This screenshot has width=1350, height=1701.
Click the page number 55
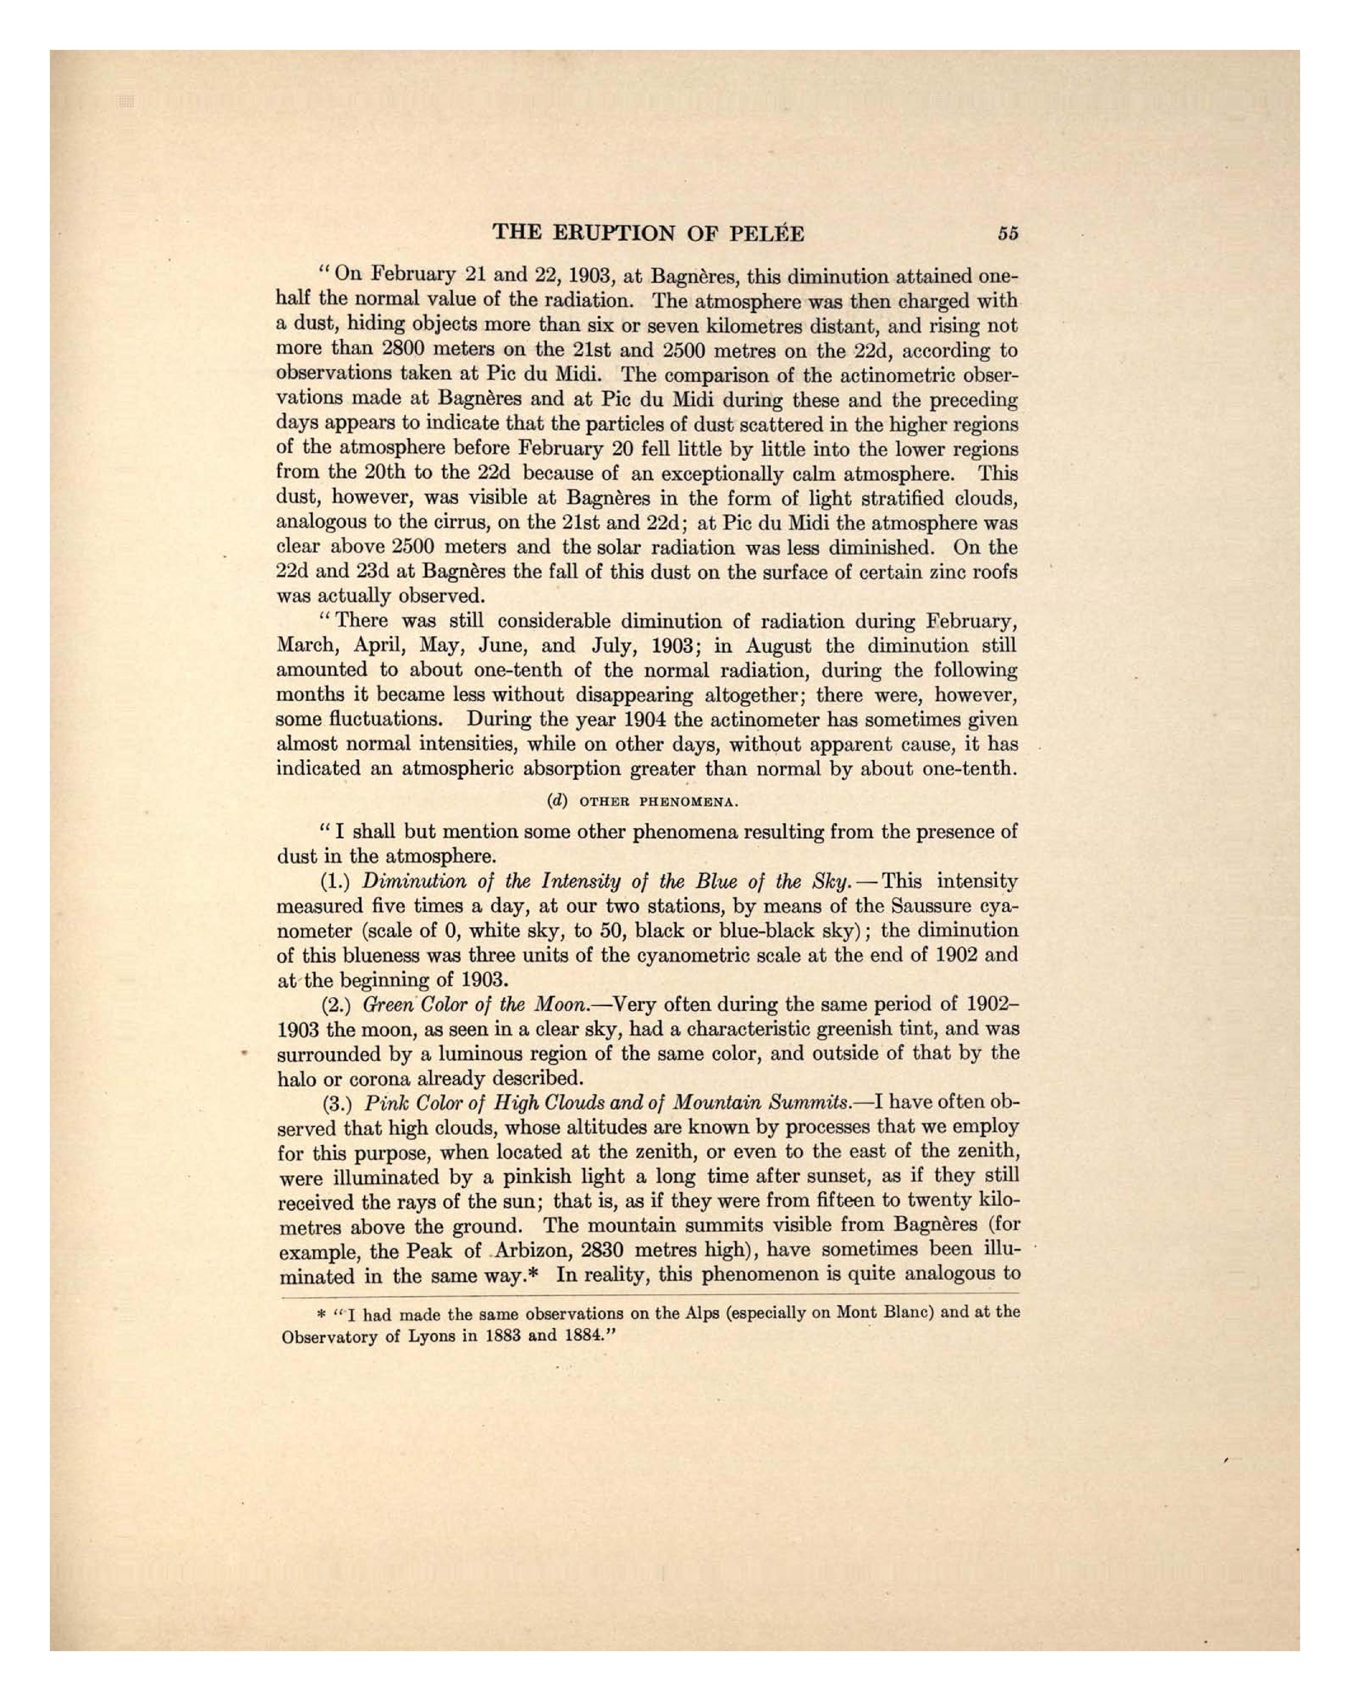[1008, 233]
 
